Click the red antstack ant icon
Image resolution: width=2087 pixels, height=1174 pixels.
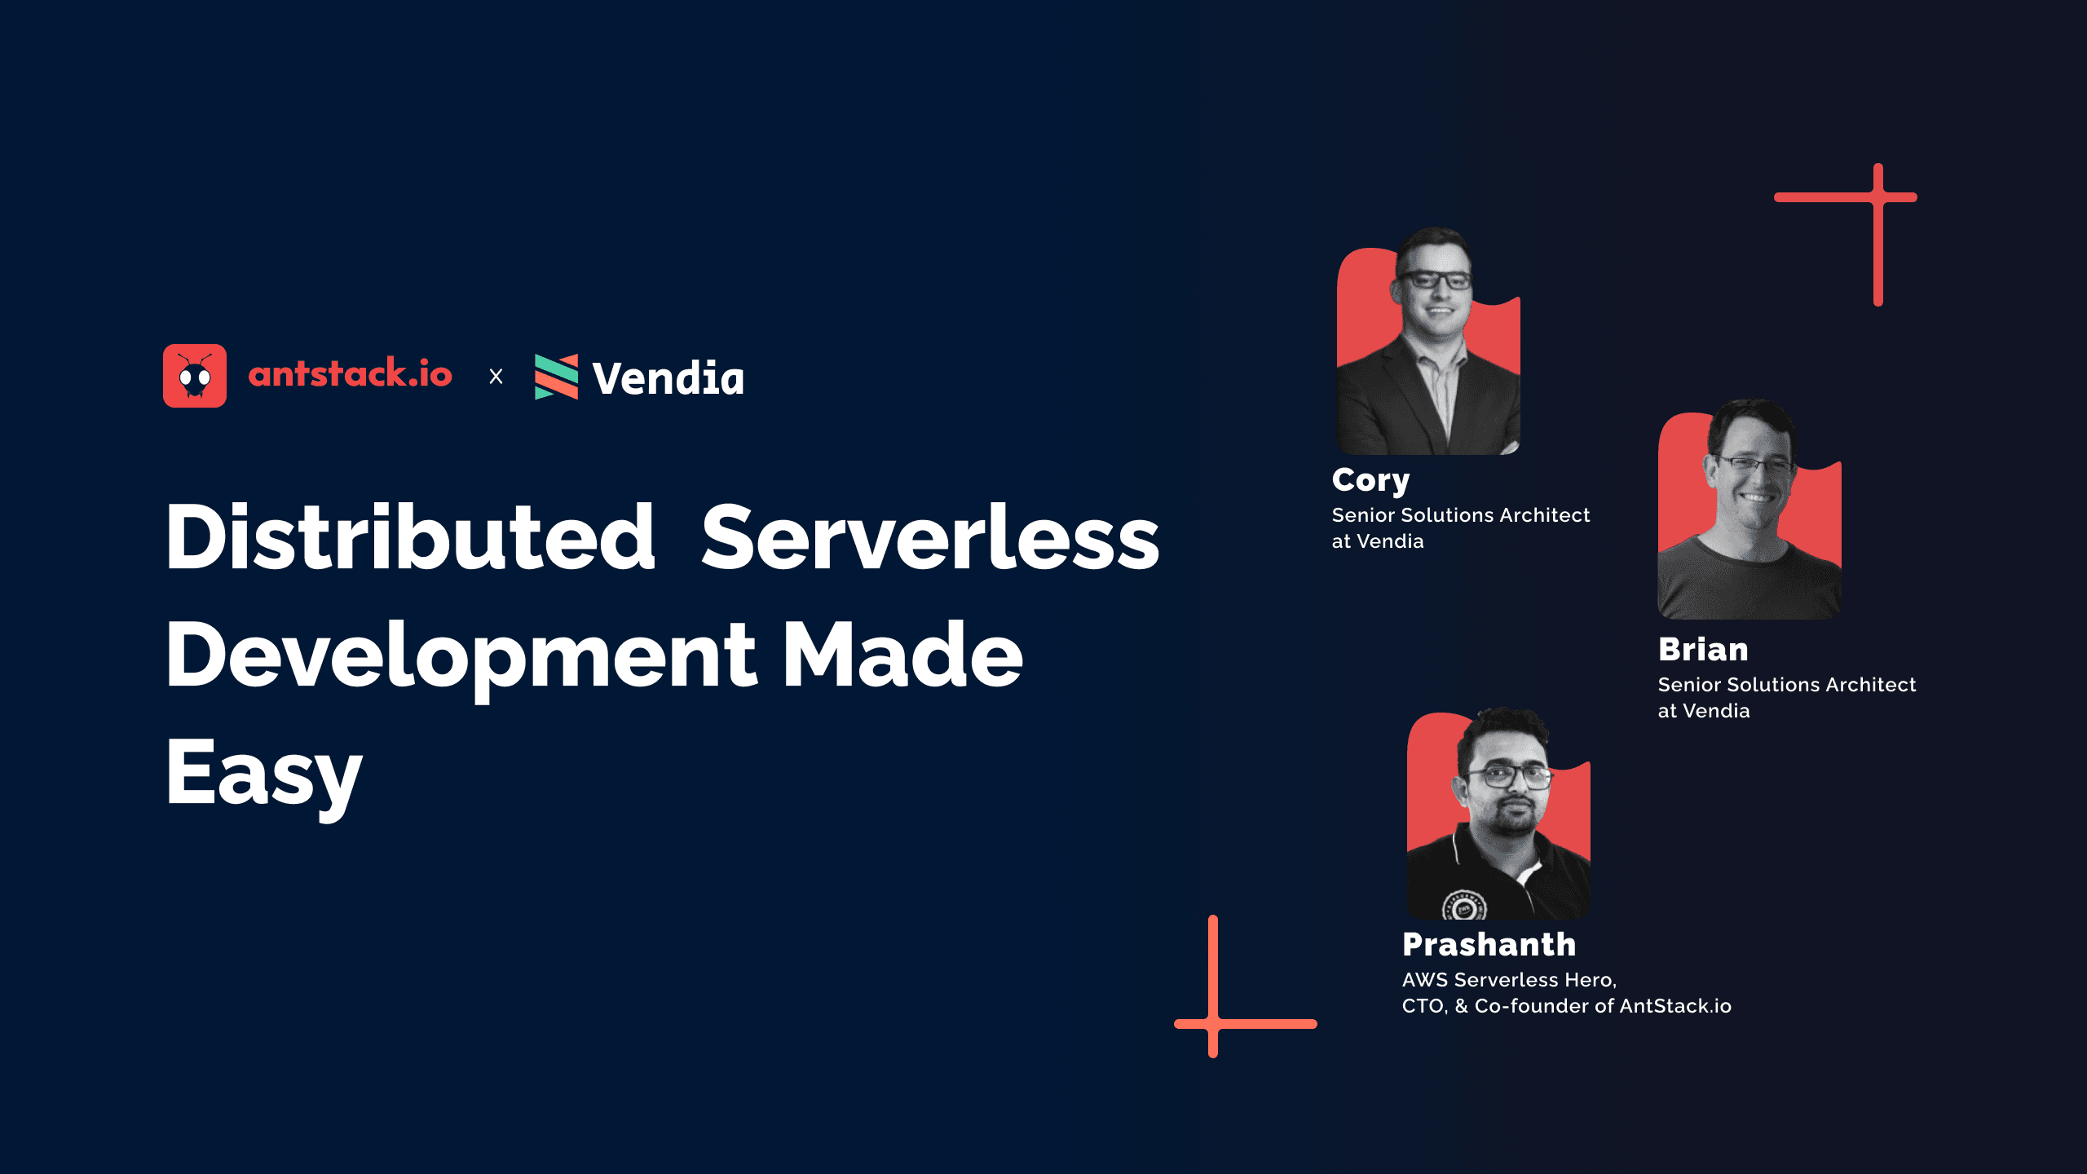[x=195, y=376]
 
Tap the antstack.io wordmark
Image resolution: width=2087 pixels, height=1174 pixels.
[x=350, y=374]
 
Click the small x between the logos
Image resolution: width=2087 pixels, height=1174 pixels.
[x=496, y=377]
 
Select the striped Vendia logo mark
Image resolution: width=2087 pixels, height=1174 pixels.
[x=556, y=377]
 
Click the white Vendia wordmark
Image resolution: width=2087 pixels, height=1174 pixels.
[x=668, y=378]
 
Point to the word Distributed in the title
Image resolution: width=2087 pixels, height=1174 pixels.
[x=410, y=537]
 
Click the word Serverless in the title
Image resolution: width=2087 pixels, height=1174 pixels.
[x=930, y=537]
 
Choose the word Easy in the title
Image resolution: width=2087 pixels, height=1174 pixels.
[x=264, y=774]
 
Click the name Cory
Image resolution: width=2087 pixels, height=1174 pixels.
[x=1370, y=480]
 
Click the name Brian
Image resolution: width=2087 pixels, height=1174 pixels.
[x=1703, y=650]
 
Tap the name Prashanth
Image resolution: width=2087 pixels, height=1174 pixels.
[x=1489, y=945]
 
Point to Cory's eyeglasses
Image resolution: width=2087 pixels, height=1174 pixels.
[x=1435, y=280]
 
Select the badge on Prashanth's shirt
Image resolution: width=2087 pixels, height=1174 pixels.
[x=1464, y=906]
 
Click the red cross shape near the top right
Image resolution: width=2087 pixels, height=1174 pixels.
[x=1877, y=198]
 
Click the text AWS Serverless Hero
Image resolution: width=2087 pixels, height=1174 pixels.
[x=1508, y=980]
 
